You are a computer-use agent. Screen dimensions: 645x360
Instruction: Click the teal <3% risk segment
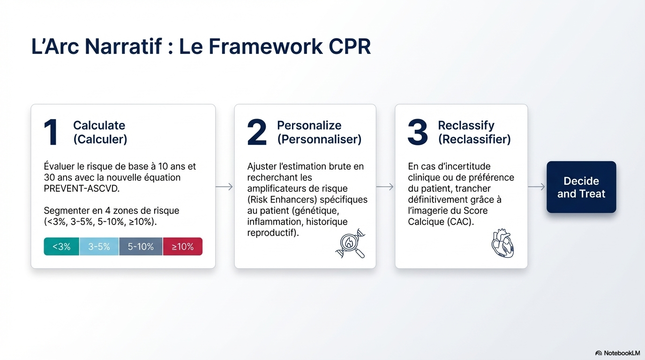point(61,247)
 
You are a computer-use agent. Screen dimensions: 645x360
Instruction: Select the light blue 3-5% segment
point(99,247)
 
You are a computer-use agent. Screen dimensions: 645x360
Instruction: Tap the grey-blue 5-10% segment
point(141,247)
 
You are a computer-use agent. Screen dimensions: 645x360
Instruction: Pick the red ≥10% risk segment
point(182,247)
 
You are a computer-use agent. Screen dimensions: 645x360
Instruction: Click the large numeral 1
point(51,132)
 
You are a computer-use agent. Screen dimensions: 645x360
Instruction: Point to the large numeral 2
point(257,132)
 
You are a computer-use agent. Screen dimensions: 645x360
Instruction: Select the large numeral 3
point(418,132)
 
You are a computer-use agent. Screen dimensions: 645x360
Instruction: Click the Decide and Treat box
point(581,187)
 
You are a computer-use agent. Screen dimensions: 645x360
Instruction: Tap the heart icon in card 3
point(503,243)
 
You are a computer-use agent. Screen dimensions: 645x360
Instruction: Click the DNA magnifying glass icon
point(351,244)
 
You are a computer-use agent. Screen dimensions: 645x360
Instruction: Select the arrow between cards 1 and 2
point(225,187)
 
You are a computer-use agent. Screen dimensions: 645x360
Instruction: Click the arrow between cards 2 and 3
point(385,187)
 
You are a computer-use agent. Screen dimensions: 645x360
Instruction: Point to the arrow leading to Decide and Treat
point(536,187)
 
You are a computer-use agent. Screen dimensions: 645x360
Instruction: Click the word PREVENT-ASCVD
point(82,188)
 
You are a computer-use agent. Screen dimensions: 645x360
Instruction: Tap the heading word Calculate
point(99,125)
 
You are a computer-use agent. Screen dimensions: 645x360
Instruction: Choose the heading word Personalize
point(309,126)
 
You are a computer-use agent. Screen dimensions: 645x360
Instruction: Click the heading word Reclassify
point(466,126)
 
